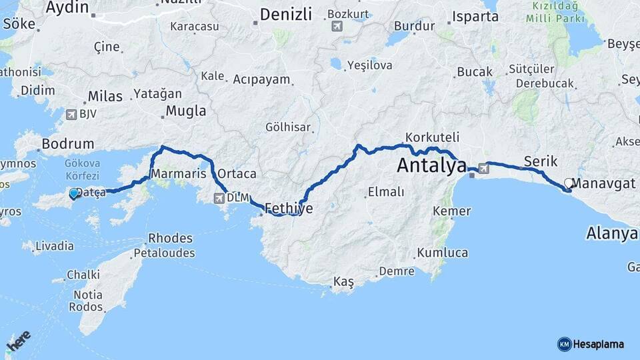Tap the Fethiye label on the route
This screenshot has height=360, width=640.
289,208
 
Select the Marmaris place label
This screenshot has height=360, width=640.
178,173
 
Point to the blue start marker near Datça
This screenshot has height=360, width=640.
73,193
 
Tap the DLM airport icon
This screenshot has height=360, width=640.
220,198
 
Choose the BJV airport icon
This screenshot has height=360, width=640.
71,114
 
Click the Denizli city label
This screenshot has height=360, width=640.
286,14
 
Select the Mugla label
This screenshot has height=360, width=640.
185,111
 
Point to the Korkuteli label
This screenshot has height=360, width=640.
432,137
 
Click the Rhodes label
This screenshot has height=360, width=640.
170,238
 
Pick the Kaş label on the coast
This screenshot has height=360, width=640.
343,282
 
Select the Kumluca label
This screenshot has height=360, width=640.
442,253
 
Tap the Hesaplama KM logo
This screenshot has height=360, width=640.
591,344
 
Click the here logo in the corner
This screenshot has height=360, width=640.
19,341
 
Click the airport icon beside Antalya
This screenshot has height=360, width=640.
483,169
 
